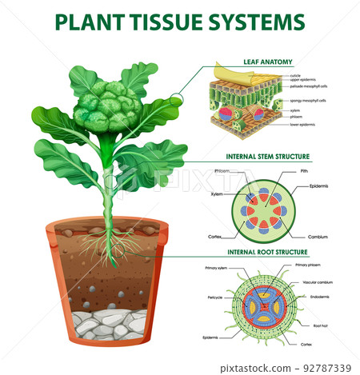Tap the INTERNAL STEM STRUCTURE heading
267,157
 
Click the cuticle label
295,76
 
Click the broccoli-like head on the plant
109,105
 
